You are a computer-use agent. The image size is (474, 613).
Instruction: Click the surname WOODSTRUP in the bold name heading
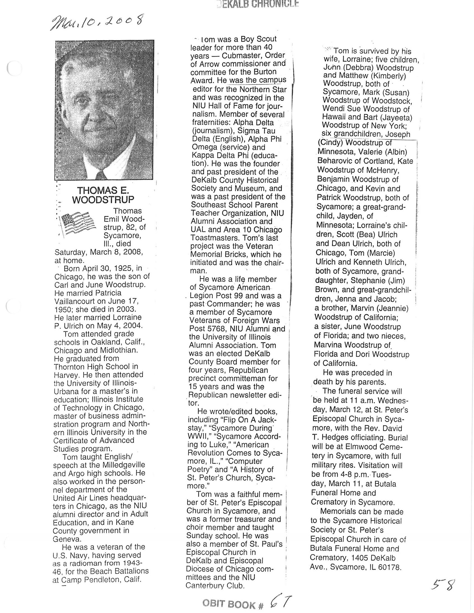tap(103, 199)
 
